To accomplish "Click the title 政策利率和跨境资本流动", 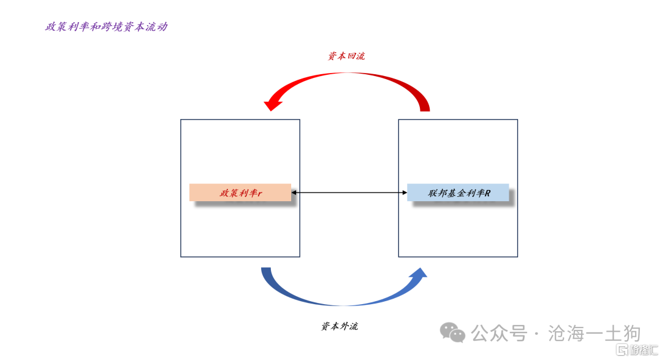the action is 107,27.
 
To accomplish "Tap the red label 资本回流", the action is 346,56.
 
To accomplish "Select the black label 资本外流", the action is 340,326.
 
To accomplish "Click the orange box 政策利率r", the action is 240,193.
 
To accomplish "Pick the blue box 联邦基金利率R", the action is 458,193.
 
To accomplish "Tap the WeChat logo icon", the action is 452,332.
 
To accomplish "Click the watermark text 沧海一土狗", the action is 595,334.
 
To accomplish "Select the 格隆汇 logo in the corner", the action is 637,350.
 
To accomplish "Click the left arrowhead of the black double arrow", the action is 294,193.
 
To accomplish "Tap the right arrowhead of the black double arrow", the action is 405,193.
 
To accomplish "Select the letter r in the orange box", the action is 260,194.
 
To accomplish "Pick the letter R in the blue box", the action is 488,193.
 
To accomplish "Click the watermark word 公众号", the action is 500,334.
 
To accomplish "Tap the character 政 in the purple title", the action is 51,27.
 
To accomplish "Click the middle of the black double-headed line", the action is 349,193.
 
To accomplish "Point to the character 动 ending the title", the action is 162,27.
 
